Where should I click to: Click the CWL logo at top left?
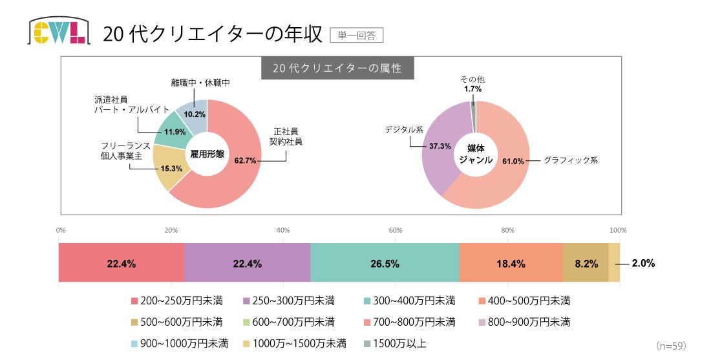57,32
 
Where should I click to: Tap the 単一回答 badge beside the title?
356,34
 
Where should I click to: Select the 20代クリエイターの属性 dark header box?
337,69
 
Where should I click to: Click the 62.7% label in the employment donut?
246,160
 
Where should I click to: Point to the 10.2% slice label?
195,114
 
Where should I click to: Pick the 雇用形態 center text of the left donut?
207,154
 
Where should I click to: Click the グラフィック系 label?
571,159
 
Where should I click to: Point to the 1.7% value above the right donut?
472,89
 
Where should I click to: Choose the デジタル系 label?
404,129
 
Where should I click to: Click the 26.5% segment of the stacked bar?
385,263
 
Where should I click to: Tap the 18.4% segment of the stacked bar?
510,263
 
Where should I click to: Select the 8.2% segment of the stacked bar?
585,263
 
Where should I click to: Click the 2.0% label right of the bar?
643,263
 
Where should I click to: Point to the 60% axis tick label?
396,230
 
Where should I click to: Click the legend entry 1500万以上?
396,343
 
